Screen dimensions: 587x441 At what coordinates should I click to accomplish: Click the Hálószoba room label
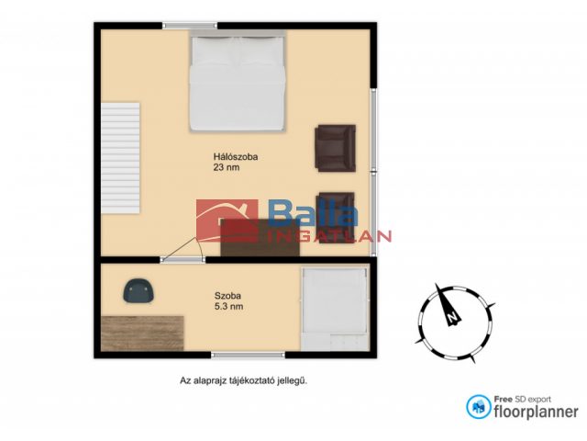[236, 157]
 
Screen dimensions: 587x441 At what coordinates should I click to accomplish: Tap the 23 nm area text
[227, 167]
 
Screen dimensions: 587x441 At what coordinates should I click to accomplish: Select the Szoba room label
[227, 296]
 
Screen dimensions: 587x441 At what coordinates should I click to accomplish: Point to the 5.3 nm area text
[228, 306]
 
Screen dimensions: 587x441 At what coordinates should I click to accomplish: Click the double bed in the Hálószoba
[238, 82]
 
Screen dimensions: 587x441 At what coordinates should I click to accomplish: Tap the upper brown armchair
[336, 148]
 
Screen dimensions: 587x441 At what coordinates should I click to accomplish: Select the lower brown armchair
[336, 218]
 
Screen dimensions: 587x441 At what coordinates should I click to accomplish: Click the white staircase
[120, 158]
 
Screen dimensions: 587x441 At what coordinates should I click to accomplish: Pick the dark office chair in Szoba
[138, 290]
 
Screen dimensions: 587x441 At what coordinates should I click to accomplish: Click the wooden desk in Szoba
[142, 334]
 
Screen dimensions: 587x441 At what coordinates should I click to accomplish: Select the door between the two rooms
[183, 250]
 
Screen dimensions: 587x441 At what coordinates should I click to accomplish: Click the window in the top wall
[190, 26]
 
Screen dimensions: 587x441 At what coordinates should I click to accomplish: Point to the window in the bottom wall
[248, 355]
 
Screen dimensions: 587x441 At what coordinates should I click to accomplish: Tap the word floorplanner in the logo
[536, 412]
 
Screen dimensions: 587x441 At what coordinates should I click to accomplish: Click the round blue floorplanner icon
[479, 407]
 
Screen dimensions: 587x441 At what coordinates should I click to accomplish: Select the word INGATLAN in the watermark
[330, 236]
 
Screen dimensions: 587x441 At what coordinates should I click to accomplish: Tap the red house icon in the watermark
[227, 221]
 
